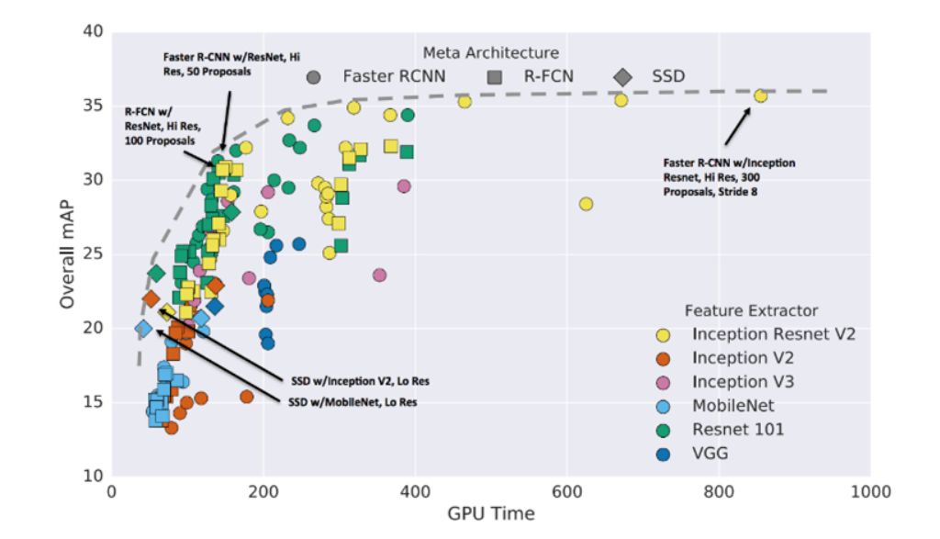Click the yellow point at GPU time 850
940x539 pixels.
[760, 95]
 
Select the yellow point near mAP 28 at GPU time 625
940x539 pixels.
[586, 204]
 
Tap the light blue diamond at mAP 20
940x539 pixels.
[143, 328]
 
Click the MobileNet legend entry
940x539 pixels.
[733, 405]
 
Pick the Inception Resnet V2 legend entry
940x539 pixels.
[773, 333]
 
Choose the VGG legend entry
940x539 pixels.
[710, 453]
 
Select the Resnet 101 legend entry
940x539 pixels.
[738, 429]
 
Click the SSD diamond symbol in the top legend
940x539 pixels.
[623, 76]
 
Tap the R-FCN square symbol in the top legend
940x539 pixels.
[496, 76]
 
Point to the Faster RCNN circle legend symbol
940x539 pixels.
[315, 76]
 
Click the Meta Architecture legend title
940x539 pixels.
[490, 53]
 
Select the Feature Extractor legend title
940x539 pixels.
[751, 310]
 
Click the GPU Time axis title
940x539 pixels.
[490, 514]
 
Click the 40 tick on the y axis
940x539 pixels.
[92, 32]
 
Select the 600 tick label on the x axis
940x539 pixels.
[567, 492]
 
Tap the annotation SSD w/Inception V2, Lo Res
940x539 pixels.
[352, 379]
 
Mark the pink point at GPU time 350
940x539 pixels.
[379, 275]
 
